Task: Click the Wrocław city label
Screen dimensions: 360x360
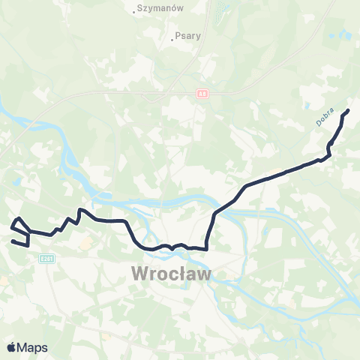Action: click(172, 273)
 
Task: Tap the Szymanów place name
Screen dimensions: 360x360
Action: click(160, 9)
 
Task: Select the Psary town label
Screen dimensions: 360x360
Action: click(188, 34)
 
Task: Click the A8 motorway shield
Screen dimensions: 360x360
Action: click(202, 94)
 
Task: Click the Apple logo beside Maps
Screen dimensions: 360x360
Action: click(11, 347)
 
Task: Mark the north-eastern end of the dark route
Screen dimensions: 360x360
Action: click(349, 111)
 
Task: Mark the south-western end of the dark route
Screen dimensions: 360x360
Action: click(12, 241)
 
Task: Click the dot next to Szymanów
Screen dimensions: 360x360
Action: click(135, 10)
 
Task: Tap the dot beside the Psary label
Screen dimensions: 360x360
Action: click(172, 35)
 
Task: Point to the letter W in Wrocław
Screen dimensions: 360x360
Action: click(140, 273)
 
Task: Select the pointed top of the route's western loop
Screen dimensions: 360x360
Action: click(19, 218)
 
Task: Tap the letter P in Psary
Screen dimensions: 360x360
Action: click(178, 34)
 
